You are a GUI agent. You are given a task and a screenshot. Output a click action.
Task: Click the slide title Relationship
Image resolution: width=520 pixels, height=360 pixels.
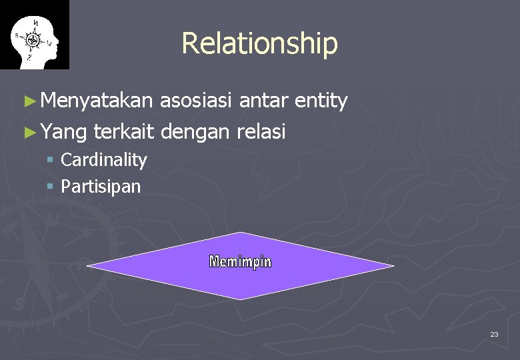point(259,43)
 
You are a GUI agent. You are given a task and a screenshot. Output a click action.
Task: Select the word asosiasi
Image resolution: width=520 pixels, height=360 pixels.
point(198,101)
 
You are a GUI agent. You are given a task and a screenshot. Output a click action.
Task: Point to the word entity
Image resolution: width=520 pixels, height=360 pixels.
point(321,101)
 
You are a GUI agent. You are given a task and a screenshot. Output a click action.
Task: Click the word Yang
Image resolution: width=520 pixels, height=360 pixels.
point(63,132)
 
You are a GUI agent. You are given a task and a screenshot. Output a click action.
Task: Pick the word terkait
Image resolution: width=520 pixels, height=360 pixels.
point(125,132)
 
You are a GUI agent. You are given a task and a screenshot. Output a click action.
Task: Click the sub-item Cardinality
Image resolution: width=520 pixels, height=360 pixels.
point(103,160)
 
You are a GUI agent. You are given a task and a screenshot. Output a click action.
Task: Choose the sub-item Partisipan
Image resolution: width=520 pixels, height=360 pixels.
point(101,187)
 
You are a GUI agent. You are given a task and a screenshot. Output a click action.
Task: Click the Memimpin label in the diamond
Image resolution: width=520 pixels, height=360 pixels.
point(240,262)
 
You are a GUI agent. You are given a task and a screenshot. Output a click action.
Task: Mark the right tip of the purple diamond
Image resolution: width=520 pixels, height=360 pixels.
point(392,266)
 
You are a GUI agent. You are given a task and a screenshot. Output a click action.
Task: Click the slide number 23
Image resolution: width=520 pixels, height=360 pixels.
point(494,334)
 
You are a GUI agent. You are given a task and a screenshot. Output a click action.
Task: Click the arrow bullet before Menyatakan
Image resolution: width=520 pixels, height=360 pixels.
point(28,102)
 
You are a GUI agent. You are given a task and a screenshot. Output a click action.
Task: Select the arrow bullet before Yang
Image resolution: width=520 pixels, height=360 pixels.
point(28,133)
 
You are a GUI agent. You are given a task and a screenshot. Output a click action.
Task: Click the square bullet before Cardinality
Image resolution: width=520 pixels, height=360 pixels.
point(51,161)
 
